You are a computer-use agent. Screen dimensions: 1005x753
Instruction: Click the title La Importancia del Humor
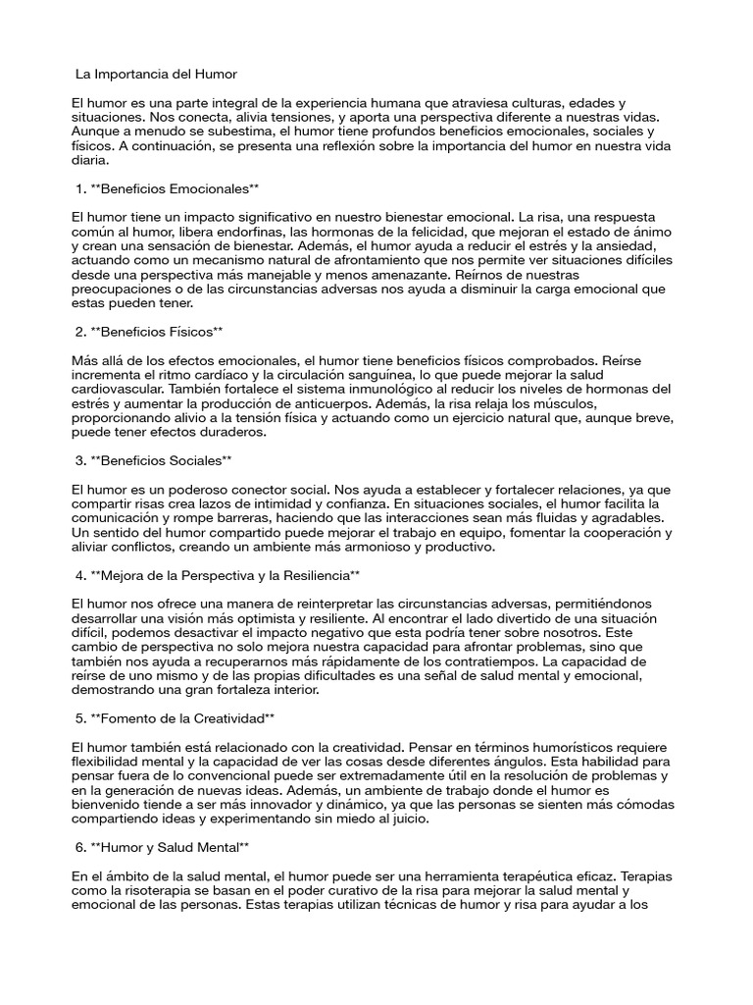(156, 74)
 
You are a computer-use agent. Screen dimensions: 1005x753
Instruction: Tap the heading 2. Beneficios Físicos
(149, 332)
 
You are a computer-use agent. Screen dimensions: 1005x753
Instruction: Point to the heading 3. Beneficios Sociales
(153, 459)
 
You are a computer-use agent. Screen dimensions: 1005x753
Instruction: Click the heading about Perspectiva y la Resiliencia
(218, 573)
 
